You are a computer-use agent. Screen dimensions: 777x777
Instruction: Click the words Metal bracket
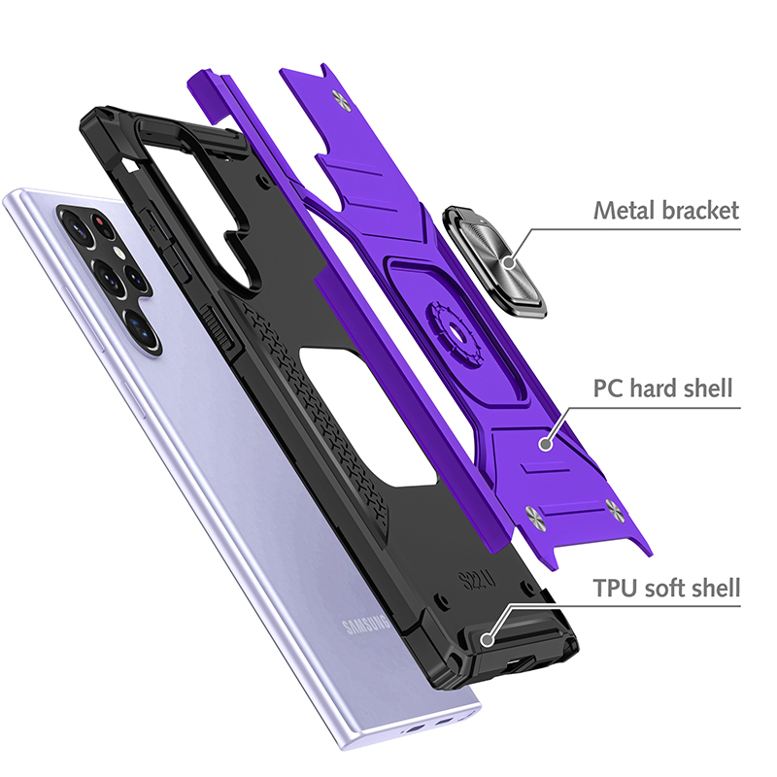(x=666, y=210)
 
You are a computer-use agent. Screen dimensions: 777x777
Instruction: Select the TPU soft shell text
(x=666, y=588)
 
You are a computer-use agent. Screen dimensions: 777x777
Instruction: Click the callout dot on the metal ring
(x=508, y=262)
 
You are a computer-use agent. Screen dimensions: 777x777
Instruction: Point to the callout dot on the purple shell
(x=546, y=444)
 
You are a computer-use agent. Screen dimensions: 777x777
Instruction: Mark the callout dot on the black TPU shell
(x=488, y=640)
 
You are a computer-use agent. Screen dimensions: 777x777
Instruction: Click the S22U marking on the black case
(x=477, y=580)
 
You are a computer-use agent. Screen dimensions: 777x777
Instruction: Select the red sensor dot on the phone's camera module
(x=100, y=221)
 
